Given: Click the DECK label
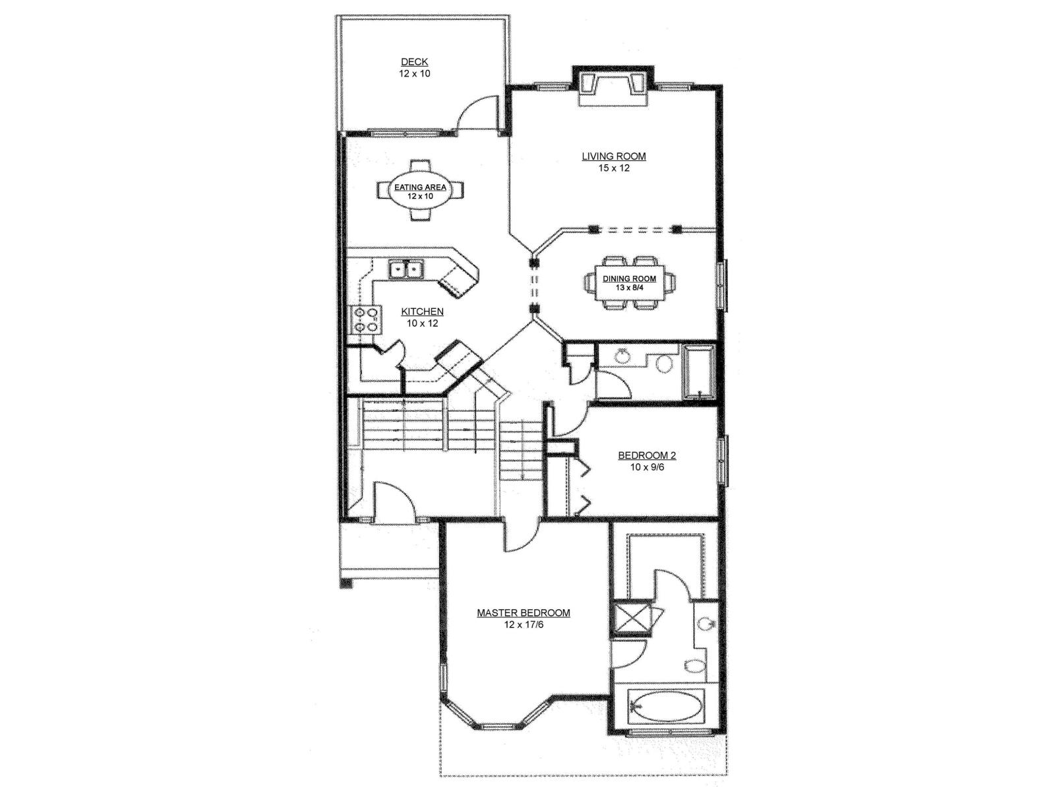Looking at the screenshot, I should (x=414, y=62).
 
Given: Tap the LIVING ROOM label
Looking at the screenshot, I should (x=613, y=156).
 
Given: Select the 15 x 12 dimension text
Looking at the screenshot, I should (x=613, y=168).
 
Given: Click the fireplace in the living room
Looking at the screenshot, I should (x=613, y=86).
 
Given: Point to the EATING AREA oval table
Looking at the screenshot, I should (x=420, y=191).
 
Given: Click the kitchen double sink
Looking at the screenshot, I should (x=406, y=269).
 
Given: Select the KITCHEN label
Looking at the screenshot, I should (x=422, y=312).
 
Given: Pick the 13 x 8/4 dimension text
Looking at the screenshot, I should (x=629, y=288).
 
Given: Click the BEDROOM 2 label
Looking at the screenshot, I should (x=647, y=455).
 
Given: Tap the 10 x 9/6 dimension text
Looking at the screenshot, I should (x=647, y=467).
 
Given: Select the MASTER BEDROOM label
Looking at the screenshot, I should (x=523, y=612).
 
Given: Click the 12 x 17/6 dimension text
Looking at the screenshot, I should (x=523, y=624).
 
